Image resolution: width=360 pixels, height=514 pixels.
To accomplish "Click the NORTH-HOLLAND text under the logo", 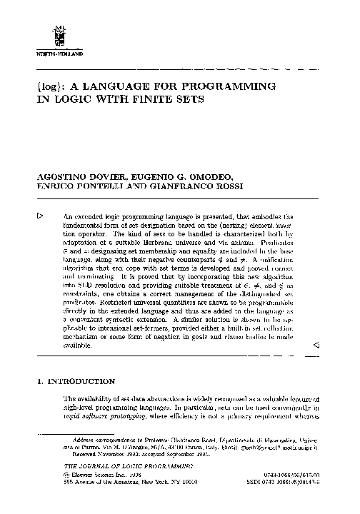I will [59, 54].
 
